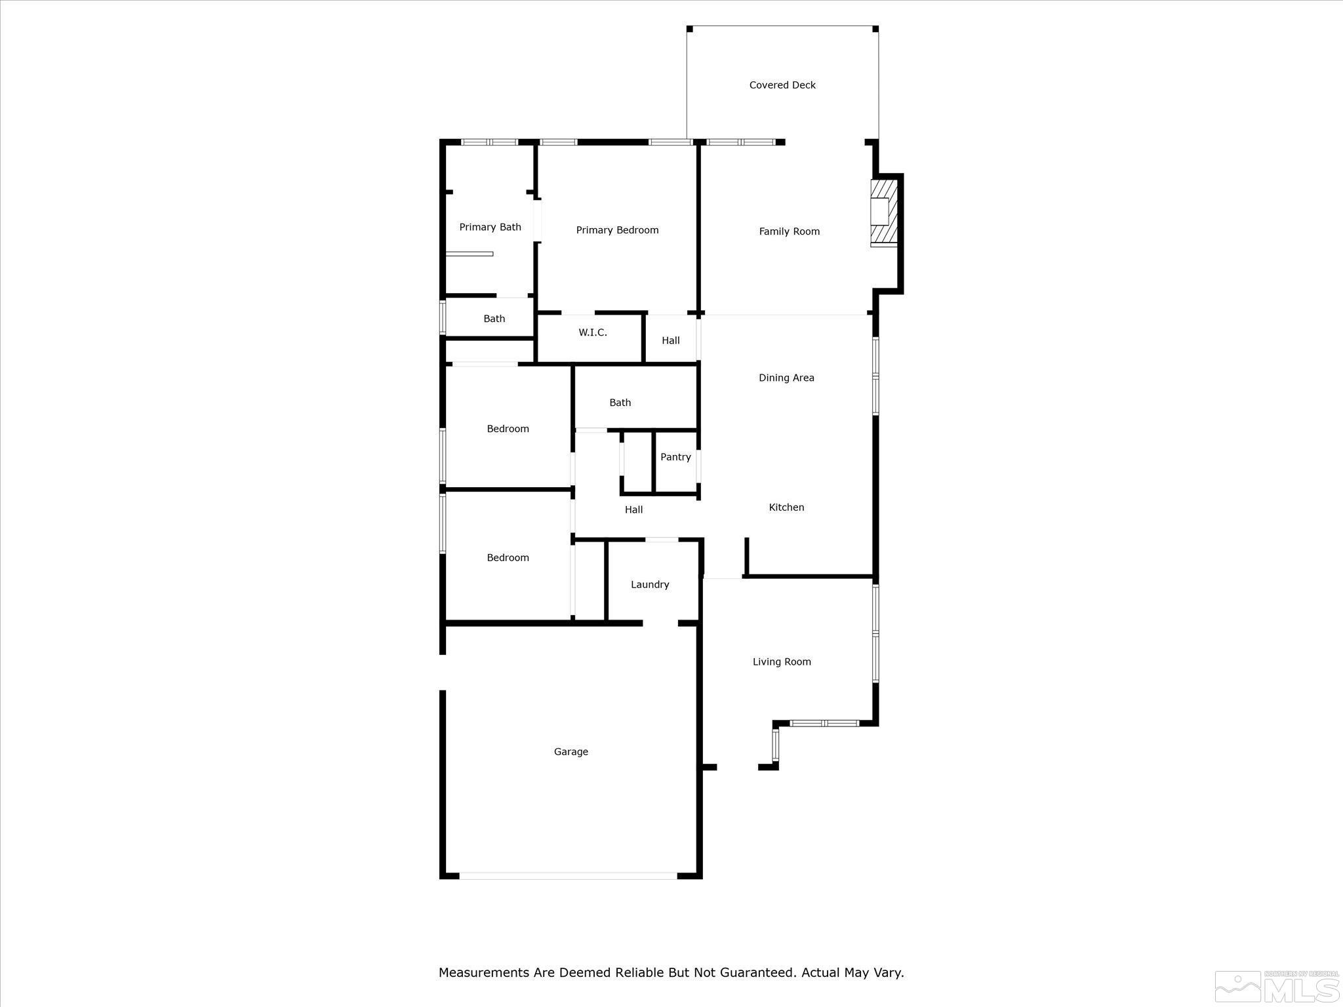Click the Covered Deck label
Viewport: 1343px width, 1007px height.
pyautogui.click(x=782, y=85)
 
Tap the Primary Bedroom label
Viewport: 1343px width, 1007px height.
pyautogui.click(x=617, y=230)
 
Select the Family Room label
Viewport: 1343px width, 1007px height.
pyautogui.click(x=789, y=231)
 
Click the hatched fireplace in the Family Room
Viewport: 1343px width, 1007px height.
pyautogui.click(x=883, y=212)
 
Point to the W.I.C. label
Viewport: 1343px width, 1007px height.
pyautogui.click(x=592, y=333)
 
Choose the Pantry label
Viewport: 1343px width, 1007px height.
pyautogui.click(x=675, y=458)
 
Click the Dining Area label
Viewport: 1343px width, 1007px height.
pyautogui.click(x=786, y=378)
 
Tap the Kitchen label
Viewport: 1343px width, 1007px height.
pyautogui.click(x=786, y=507)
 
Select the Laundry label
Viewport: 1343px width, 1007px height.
pyautogui.click(x=650, y=585)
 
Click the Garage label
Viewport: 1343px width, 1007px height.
pyautogui.click(x=571, y=752)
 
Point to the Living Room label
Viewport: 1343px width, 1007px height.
pyautogui.click(x=782, y=662)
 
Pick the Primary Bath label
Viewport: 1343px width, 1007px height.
pyautogui.click(x=490, y=227)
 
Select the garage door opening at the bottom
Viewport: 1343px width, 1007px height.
pyautogui.click(x=568, y=875)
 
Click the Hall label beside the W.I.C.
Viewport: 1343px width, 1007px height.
pyautogui.click(x=670, y=341)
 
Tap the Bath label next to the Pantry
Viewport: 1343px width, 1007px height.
pyautogui.click(x=620, y=403)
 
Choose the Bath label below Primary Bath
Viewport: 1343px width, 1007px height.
pyautogui.click(x=494, y=319)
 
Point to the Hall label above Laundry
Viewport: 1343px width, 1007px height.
pyautogui.click(x=633, y=510)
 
